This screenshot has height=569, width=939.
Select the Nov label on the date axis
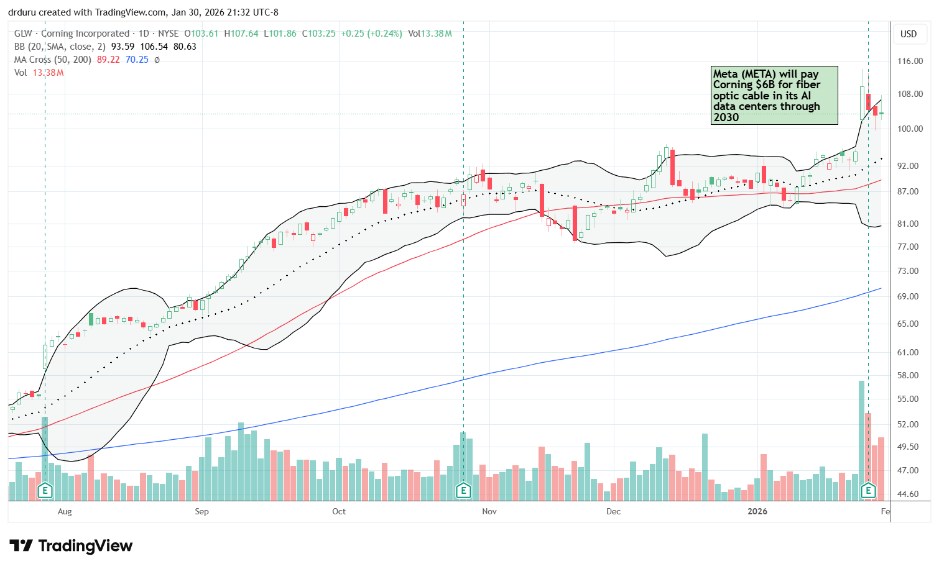click(489, 511)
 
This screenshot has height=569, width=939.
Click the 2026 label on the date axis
click(757, 511)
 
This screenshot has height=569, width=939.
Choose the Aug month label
click(65, 511)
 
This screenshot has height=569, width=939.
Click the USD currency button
click(909, 34)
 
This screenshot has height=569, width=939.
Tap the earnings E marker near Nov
click(463, 491)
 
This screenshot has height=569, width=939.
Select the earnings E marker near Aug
click(45, 491)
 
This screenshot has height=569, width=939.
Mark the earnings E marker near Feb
click(868, 491)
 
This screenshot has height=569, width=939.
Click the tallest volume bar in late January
click(861, 435)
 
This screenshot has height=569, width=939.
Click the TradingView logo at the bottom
click(71, 546)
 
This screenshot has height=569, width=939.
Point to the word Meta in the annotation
click(725, 74)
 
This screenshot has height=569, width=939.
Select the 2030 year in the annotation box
click(726, 117)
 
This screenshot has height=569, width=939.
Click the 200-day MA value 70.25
click(137, 60)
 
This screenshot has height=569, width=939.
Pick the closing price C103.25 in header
click(318, 34)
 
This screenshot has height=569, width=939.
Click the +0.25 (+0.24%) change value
click(371, 34)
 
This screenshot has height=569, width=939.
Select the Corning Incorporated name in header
click(85, 34)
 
